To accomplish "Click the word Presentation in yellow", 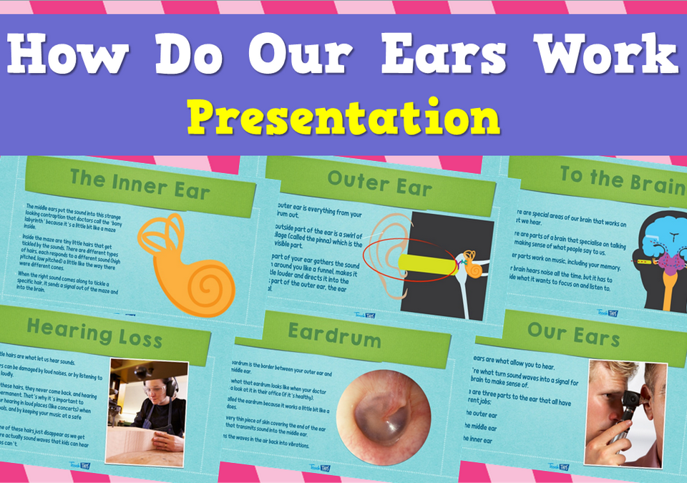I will coord(343,117).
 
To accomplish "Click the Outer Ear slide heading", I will coord(379,184).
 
